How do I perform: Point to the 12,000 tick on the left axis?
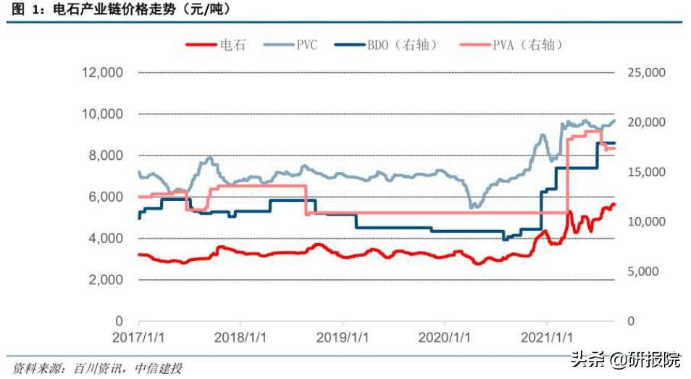101,73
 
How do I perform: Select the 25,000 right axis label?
644,73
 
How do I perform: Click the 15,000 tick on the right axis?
644,172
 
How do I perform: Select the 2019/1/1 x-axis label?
341,338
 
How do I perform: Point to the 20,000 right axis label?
644,122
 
